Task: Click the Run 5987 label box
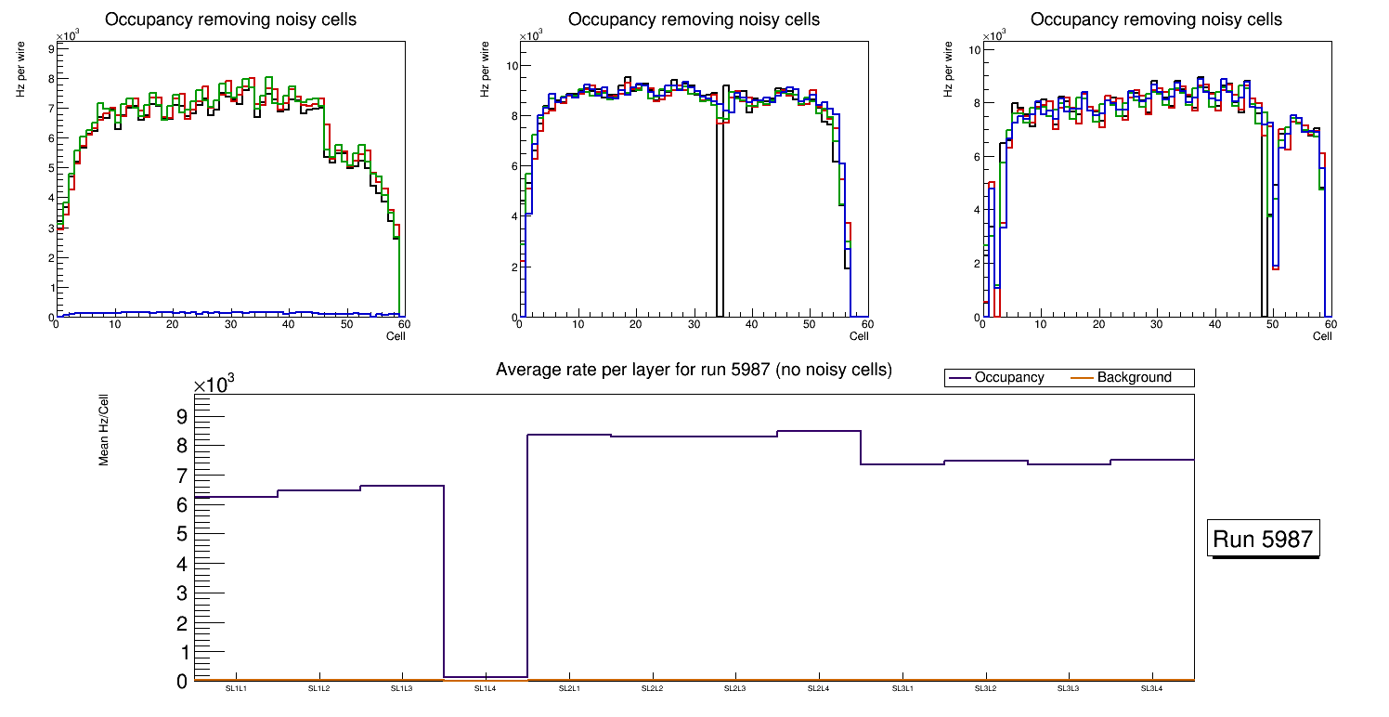click(1263, 540)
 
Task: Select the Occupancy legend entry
click(1008, 378)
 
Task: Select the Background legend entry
click(1134, 378)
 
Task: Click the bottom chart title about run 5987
click(694, 370)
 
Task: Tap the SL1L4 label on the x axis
click(486, 688)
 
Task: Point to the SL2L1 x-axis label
click(569, 688)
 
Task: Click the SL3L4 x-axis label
click(1152, 688)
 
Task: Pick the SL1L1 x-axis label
click(236, 688)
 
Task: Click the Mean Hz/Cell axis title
click(105, 430)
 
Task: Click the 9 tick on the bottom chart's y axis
click(181, 416)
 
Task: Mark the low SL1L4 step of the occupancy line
click(486, 676)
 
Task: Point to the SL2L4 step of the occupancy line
click(819, 431)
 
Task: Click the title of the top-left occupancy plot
click(230, 20)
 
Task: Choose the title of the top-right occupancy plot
click(1156, 20)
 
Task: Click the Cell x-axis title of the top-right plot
click(1322, 336)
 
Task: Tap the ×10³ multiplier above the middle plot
click(530, 36)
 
